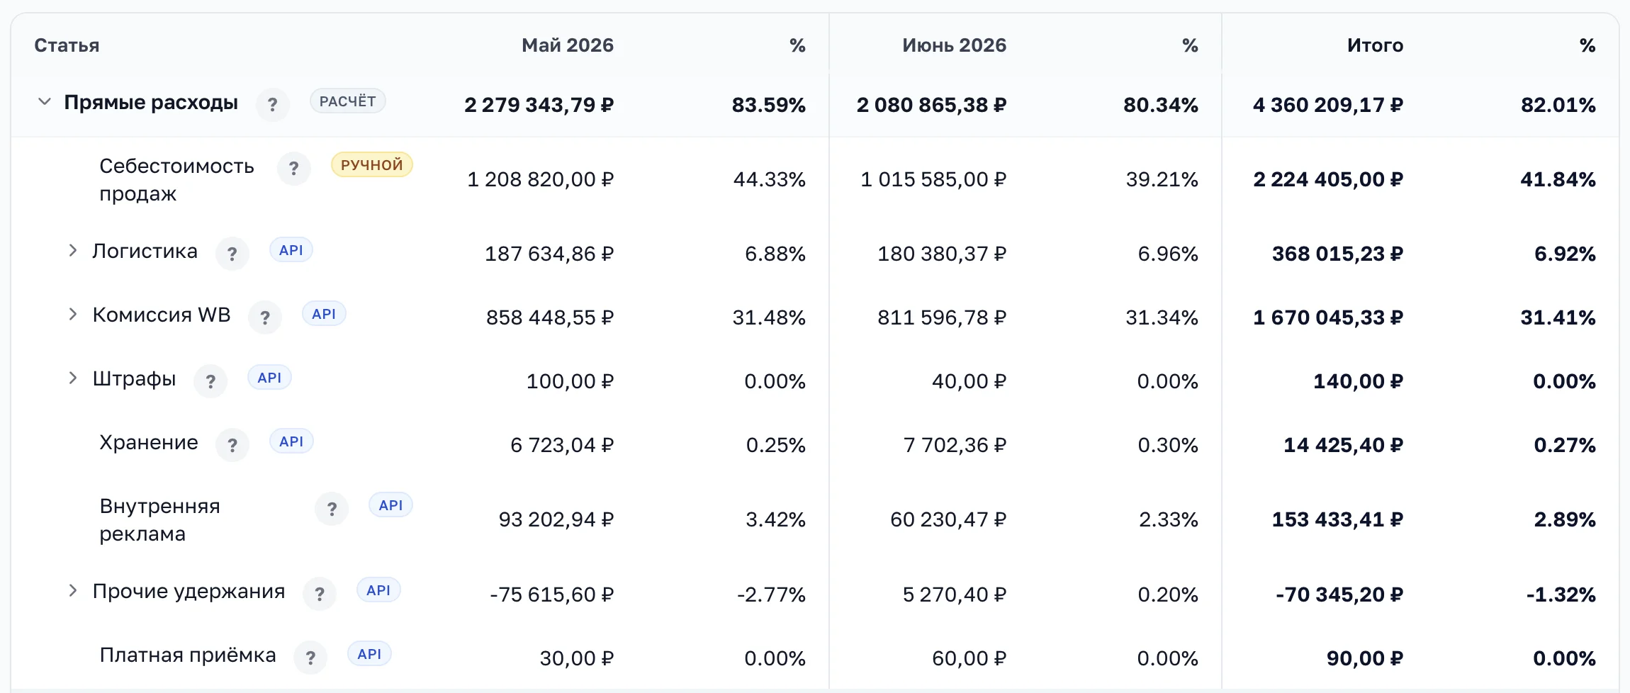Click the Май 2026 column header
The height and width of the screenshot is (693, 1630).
pos(568,45)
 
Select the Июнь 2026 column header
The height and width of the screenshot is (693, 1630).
pos(954,45)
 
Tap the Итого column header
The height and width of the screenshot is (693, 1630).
pos(1375,45)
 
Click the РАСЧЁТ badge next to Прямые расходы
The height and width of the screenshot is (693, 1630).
pos(347,101)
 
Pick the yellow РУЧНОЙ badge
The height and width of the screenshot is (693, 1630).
pos(371,165)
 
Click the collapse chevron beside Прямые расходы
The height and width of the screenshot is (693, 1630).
pos(45,102)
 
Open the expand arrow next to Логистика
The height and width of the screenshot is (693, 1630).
pos(72,251)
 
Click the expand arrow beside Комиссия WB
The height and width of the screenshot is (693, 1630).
pos(72,315)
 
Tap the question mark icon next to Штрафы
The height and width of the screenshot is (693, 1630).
pos(210,382)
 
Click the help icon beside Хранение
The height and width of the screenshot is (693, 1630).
pos(232,446)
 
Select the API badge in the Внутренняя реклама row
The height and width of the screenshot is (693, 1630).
pos(390,505)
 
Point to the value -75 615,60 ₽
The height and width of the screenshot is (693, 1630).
pos(552,595)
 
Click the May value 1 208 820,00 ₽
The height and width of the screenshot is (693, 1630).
pos(541,179)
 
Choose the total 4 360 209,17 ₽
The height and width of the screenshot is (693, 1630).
pos(1328,105)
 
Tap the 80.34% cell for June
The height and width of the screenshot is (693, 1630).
pos(1161,105)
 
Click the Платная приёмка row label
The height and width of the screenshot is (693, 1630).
pos(188,655)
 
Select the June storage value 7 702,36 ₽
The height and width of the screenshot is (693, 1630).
pos(955,446)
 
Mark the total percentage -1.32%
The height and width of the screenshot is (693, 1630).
pos(1561,595)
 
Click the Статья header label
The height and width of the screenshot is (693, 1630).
pos(67,45)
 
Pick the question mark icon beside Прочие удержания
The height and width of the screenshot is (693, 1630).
pos(320,595)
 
